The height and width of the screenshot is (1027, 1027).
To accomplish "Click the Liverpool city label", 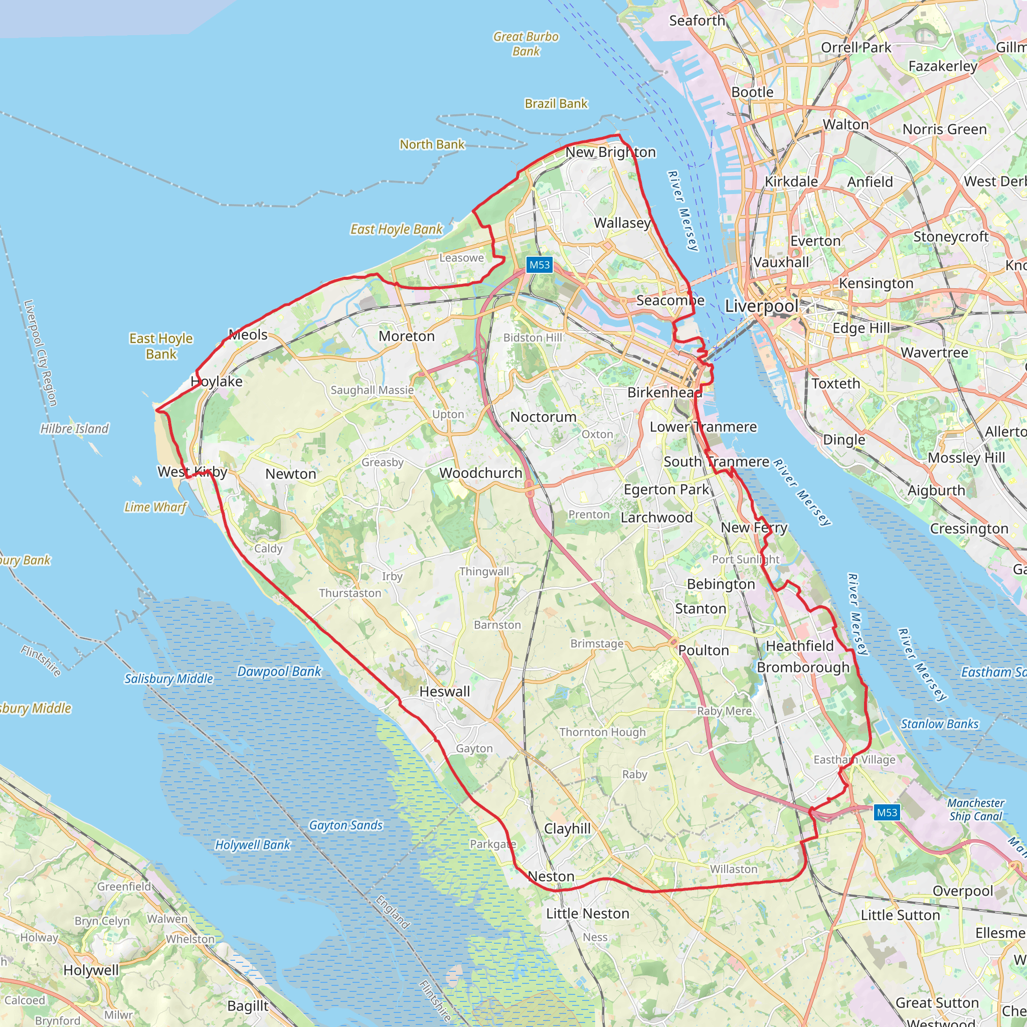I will tap(761, 306).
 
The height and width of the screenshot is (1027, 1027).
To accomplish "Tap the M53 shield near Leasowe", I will tap(540, 265).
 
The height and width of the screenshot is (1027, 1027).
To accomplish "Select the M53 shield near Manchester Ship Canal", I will tap(887, 812).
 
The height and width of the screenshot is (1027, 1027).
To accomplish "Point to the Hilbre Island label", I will tap(74, 428).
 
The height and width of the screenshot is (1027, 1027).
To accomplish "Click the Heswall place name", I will tap(444, 692).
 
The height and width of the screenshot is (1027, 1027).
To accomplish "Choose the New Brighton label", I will tap(610, 152).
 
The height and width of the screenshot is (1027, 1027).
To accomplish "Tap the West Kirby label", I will tap(193, 471).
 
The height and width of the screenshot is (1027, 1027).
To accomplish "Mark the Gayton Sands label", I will tap(346, 825).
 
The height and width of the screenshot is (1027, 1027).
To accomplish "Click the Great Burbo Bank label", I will tap(526, 44).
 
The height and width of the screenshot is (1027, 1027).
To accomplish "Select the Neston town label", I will tap(551, 876).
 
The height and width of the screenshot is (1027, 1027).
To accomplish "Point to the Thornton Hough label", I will tap(602, 732).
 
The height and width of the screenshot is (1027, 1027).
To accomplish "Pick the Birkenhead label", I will tap(664, 392).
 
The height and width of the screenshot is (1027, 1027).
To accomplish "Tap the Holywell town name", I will tap(91, 970).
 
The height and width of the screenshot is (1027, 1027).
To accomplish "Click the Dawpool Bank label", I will tap(279, 671).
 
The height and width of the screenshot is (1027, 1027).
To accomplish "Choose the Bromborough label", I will tap(803, 667).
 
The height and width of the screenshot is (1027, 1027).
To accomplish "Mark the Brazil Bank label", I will tap(556, 104).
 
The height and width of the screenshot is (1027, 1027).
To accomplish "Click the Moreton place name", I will tap(407, 336).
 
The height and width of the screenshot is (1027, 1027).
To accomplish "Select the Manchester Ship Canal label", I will tap(975, 809).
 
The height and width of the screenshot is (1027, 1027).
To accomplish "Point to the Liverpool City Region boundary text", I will tap(41, 353).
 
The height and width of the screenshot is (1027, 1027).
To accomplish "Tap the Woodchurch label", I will tap(480, 472).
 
